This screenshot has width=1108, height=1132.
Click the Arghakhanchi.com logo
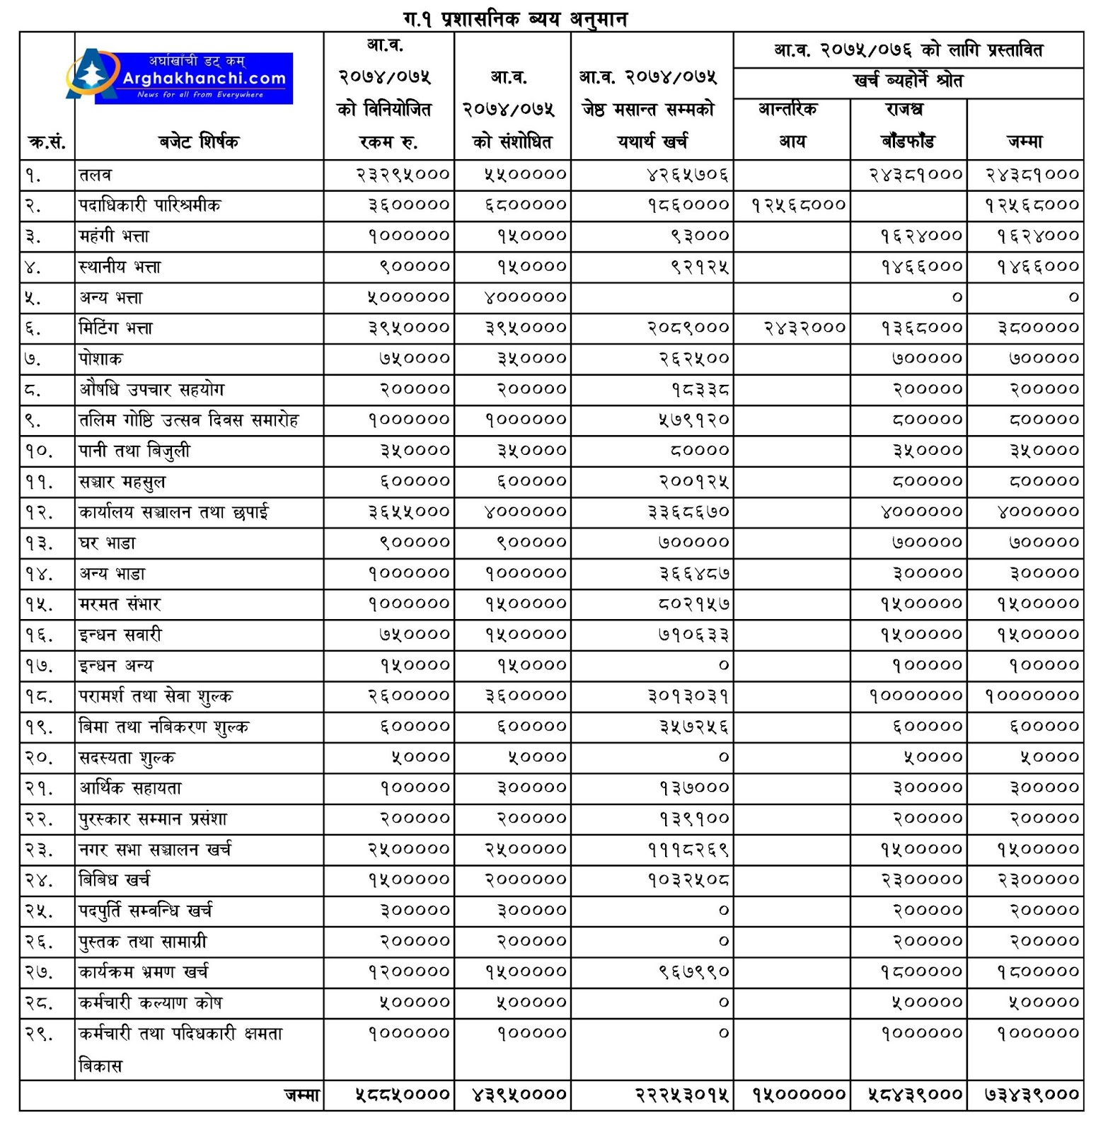click(181, 77)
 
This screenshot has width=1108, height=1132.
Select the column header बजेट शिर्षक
click(199, 141)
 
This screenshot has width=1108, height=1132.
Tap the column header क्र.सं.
click(47, 142)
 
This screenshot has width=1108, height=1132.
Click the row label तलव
click(96, 175)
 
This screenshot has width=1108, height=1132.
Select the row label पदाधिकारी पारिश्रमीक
click(150, 205)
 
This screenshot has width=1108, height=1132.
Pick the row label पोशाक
click(100, 359)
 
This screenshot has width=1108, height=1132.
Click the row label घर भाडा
click(108, 543)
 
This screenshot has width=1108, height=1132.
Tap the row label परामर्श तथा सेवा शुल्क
click(156, 696)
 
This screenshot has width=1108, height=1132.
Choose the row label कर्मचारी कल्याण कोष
click(151, 1003)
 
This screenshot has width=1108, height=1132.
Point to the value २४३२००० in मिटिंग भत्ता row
click(805, 328)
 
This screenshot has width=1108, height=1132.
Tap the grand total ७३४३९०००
click(1032, 1095)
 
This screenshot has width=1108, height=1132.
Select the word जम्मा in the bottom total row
click(303, 1095)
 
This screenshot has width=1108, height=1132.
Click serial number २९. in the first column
click(39, 1033)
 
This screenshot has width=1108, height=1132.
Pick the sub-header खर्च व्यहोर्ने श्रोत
click(908, 81)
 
